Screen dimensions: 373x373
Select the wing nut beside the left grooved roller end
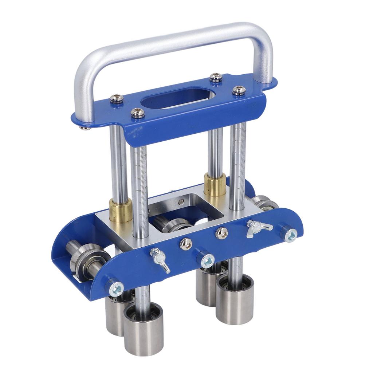click(x=160, y=259)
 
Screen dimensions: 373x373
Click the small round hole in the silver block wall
click(x=181, y=203)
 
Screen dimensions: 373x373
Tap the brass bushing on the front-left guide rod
click(x=121, y=211)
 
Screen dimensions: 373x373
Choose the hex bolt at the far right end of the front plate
click(x=290, y=235)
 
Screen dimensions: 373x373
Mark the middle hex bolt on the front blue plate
click(x=207, y=260)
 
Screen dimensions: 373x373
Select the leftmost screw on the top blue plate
click(x=117, y=98)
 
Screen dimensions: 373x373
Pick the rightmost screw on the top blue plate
click(x=239, y=90)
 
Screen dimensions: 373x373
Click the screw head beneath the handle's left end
click(x=85, y=127)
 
